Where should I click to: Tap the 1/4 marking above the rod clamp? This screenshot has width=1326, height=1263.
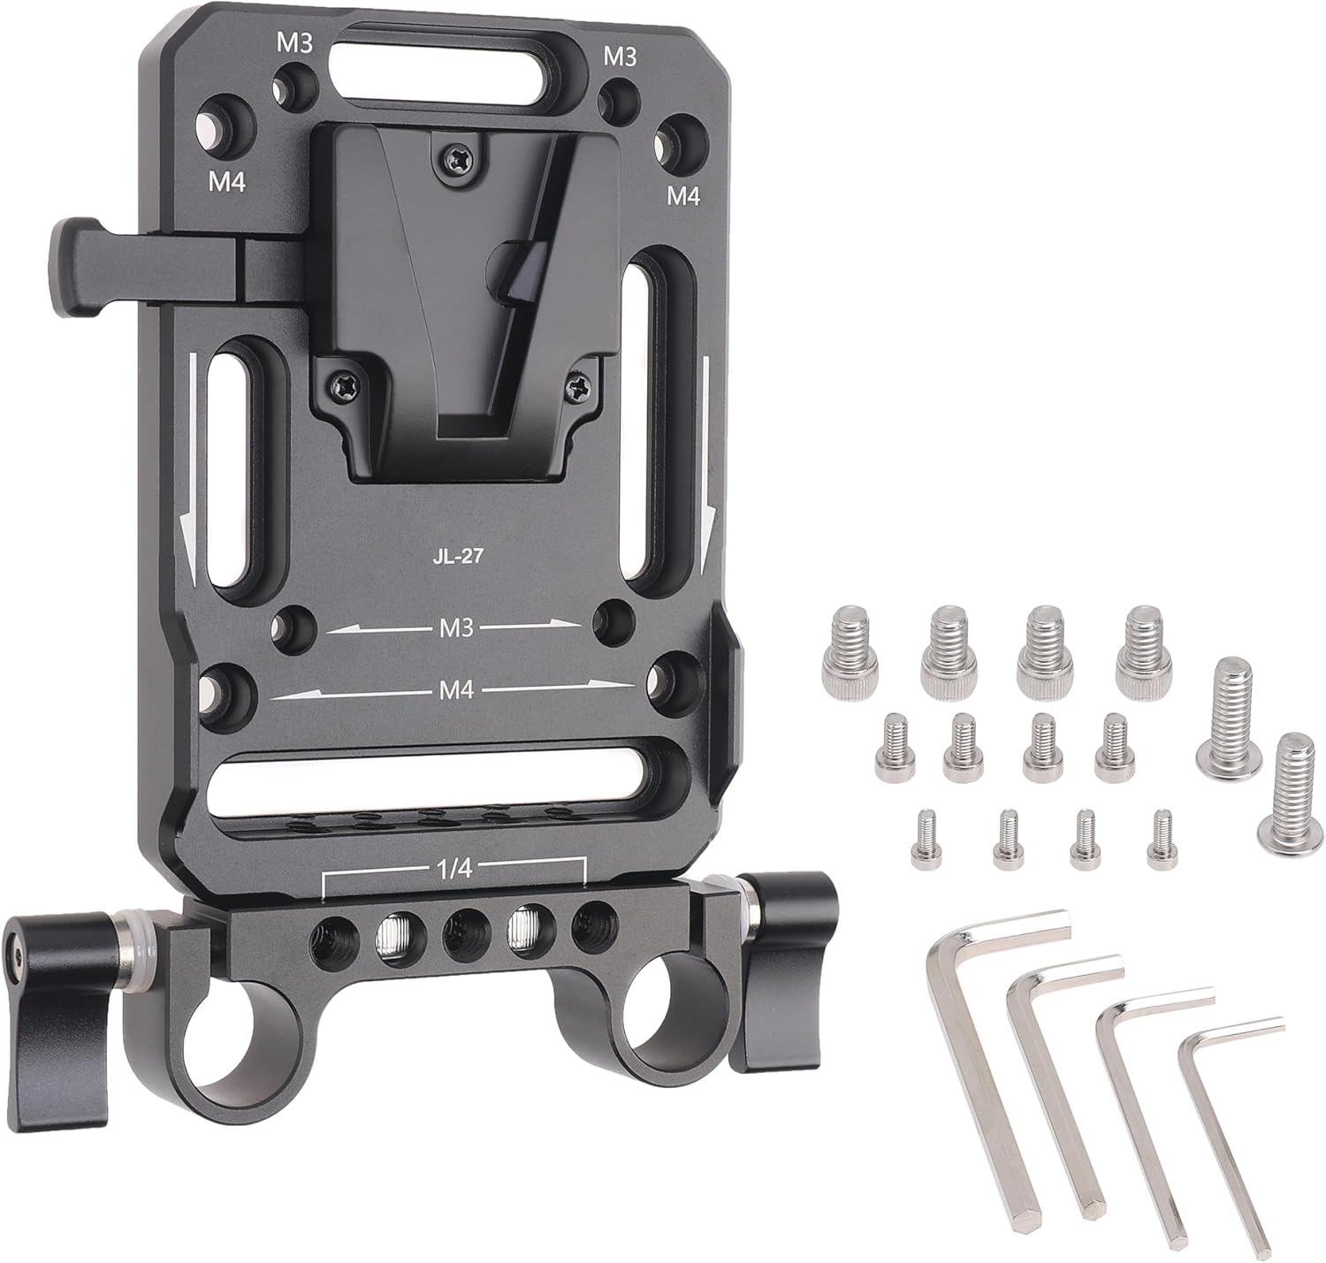click(453, 869)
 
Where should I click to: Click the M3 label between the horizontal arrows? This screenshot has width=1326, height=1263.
click(457, 628)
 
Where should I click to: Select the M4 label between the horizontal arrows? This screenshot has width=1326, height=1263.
click(457, 689)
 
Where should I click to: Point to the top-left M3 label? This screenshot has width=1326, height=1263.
click(294, 44)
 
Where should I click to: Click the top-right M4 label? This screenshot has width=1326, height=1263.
click(684, 195)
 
